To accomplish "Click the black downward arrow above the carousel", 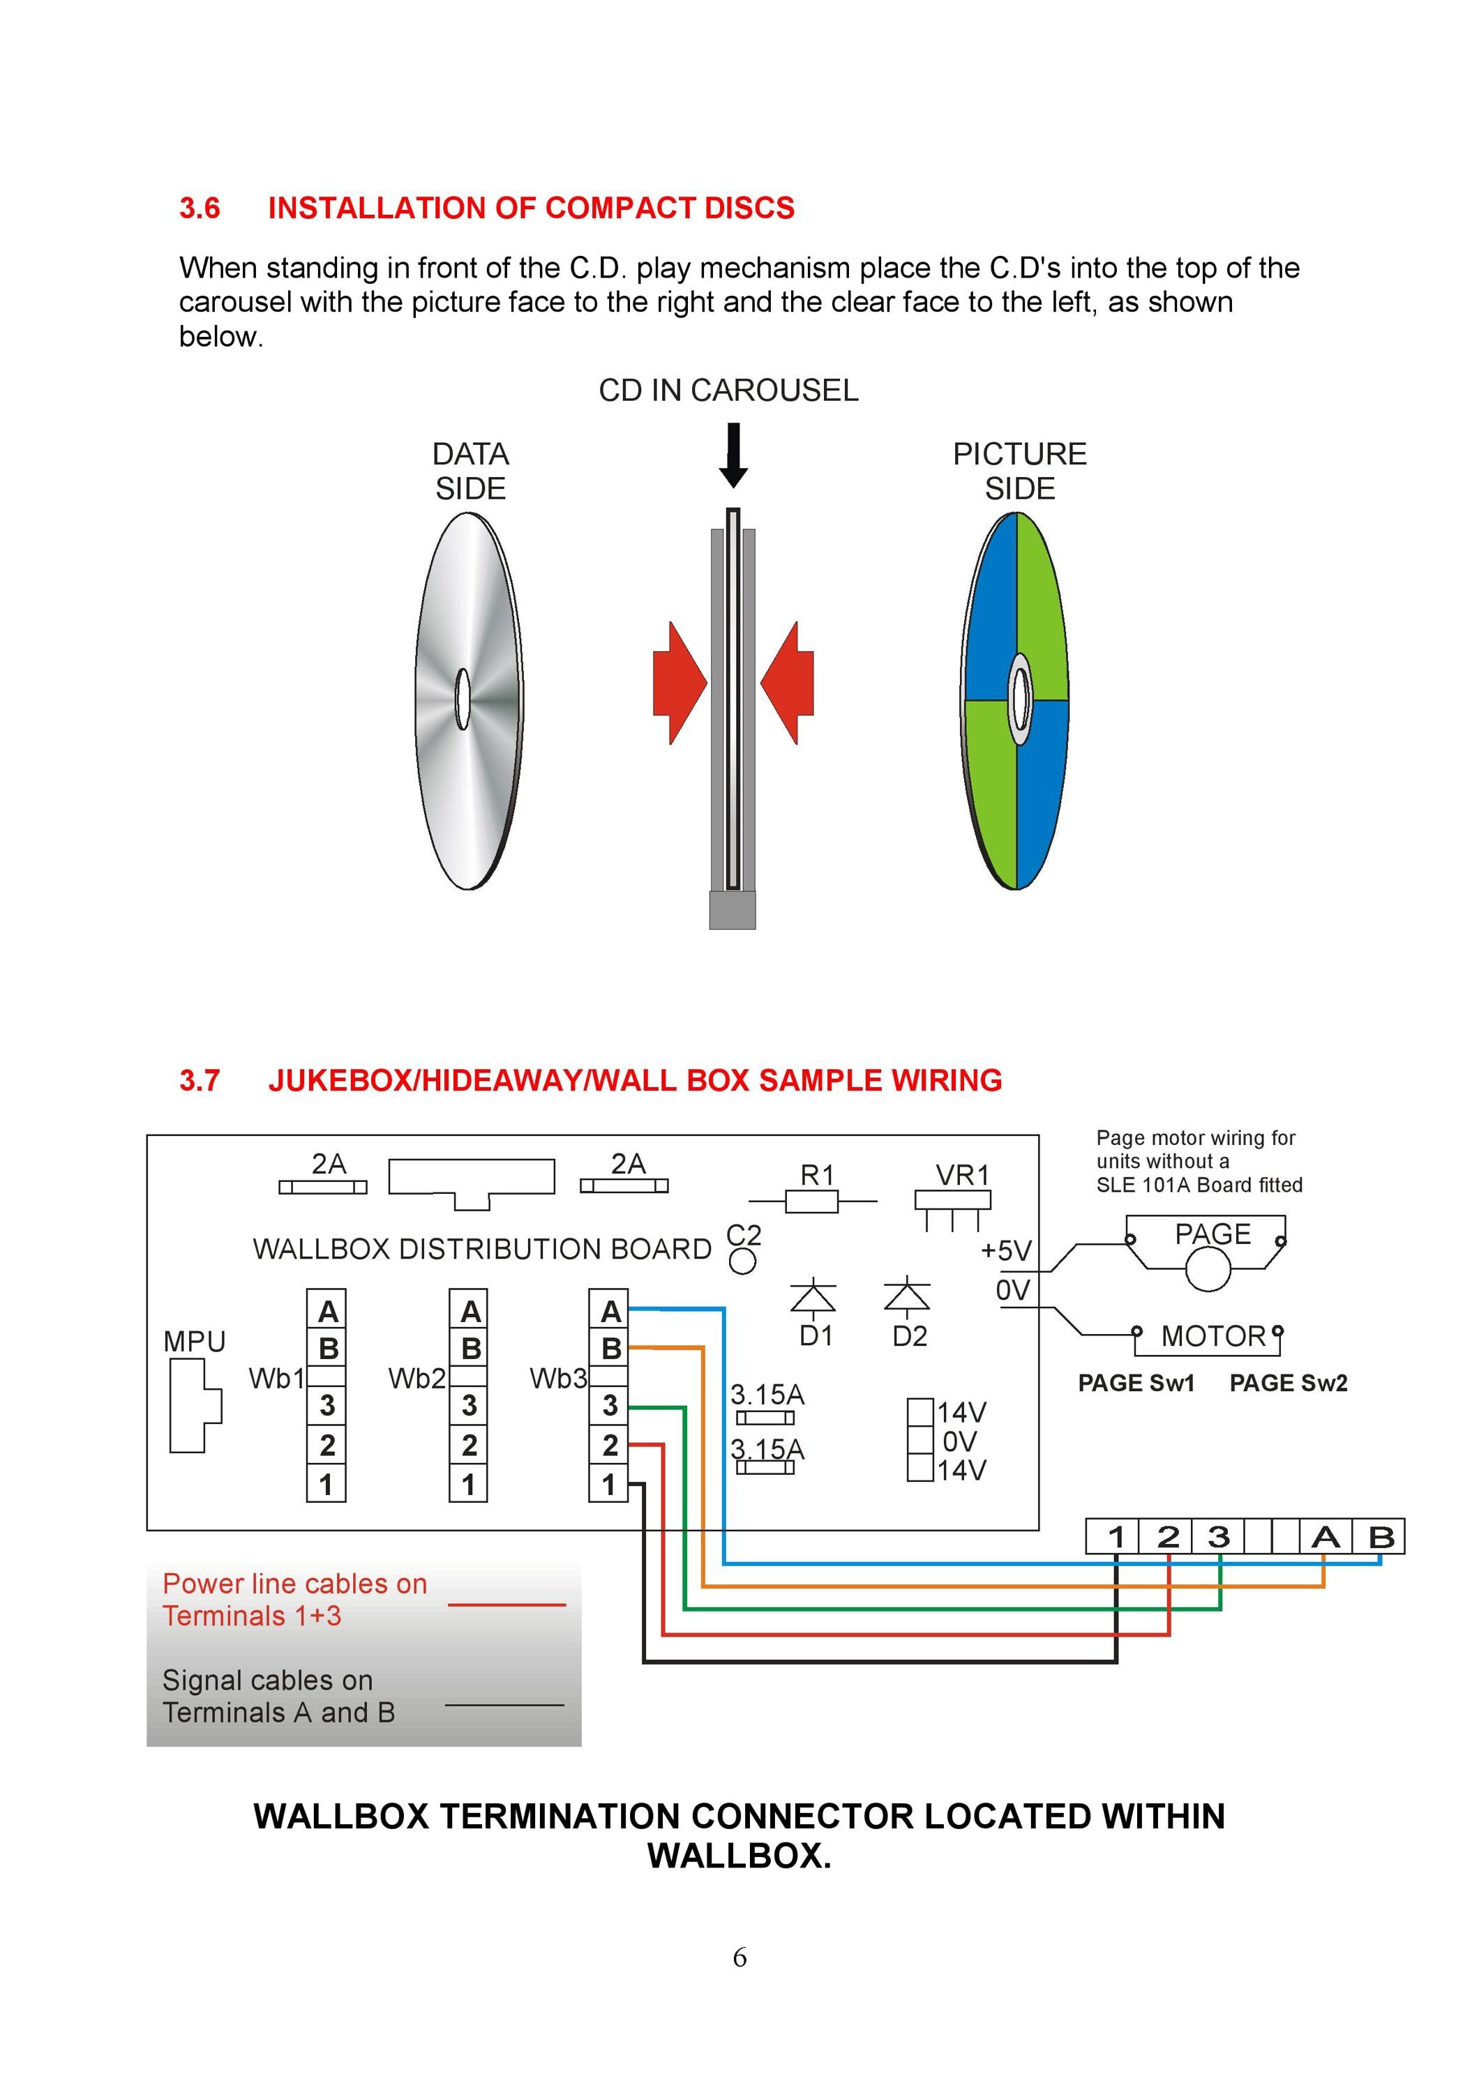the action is tap(734, 455).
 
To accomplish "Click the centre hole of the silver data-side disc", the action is tap(463, 699).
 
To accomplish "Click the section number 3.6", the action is tap(200, 208).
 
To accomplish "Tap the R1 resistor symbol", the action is tap(812, 1202).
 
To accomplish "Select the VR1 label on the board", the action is tap(962, 1174).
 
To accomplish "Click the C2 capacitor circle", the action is tap(743, 1261).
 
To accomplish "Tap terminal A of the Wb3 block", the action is tap(609, 1310).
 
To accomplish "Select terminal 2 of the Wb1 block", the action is tap(326, 1445).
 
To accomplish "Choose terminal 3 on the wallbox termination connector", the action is tap(1218, 1537).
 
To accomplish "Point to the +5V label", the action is tap(1006, 1250).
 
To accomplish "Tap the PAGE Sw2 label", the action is tap(1289, 1383).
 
